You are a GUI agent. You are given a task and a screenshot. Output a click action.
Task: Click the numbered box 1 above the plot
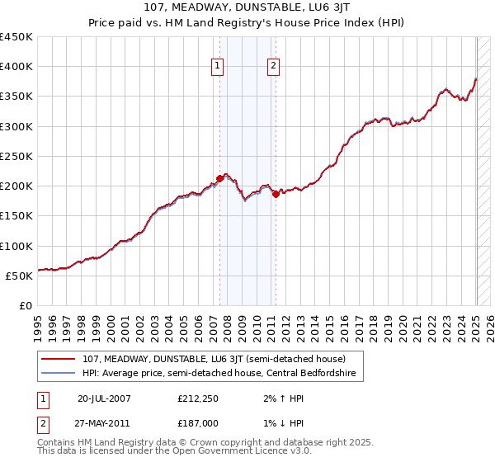point(217,68)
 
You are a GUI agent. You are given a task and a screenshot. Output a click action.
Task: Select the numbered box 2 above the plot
point(273,68)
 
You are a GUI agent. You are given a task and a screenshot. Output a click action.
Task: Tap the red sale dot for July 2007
point(220,177)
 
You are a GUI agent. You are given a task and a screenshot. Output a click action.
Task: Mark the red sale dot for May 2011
point(276,194)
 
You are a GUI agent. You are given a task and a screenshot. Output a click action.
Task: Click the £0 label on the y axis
point(25,305)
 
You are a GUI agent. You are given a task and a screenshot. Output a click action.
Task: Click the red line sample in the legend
point(58,359)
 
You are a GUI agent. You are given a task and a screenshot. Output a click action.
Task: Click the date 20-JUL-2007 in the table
point(104,398)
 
